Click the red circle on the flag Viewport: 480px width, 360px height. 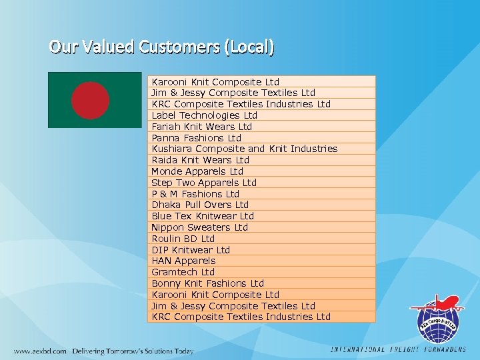90,100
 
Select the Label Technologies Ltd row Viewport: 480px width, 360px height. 204,115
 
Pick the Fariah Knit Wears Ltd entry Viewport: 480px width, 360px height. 202,127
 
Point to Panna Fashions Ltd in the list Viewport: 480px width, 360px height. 197,138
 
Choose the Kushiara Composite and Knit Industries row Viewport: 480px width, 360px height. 245,149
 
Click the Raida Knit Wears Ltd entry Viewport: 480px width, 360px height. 200,160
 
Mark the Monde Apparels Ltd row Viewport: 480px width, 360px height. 197,171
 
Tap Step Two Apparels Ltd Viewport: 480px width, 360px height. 204,183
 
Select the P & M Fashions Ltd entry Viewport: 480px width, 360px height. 195,194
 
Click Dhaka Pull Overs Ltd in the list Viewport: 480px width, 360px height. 200,205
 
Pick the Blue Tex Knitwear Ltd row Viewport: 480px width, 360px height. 203,216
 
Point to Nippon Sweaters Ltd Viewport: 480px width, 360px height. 199,227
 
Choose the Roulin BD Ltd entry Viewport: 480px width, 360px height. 183,239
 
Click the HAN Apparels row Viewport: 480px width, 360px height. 183,261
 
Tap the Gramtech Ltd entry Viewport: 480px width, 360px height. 183,272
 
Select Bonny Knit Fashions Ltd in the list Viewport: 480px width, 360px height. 208,283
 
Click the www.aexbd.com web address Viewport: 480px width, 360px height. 41,351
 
